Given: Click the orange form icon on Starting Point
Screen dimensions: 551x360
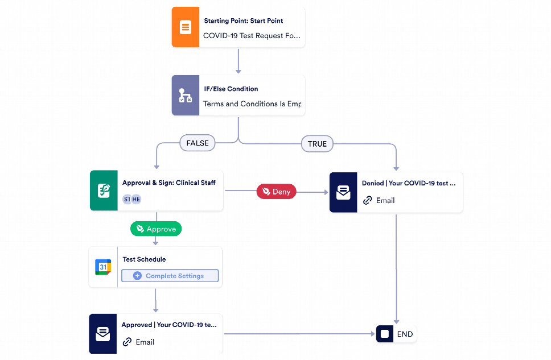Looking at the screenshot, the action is tap(186, 27).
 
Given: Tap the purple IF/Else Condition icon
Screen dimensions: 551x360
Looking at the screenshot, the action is tap(186, 95).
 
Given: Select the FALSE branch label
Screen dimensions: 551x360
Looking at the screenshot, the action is tap(198, 143).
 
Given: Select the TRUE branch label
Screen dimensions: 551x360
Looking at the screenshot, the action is tap(317, 144).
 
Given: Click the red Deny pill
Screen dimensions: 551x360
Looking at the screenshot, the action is tap(276, 192).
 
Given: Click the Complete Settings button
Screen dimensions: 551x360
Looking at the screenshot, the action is tap(170, 276).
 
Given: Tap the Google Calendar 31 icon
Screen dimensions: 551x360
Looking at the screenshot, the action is tap(103, 267).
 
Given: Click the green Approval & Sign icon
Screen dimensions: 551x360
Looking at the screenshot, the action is tap(104, 191).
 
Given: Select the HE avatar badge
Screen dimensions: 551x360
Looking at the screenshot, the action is tap(136, 199).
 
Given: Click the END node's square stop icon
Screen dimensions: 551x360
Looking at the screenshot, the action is tap(385, 334).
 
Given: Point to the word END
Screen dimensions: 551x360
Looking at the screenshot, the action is tap(405, 334).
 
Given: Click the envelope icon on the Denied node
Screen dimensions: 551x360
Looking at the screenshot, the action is tap(343, 192).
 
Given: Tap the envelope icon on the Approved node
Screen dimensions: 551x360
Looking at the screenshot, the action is tap(103, 334).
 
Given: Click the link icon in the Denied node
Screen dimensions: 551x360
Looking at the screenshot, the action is tap(368, 200).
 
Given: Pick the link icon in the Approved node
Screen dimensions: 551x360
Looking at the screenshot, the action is tap(127, 342).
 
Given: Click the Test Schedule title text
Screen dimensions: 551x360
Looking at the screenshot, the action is tap(144, 259).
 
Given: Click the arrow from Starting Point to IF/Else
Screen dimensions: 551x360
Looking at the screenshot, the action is tap(239, 61).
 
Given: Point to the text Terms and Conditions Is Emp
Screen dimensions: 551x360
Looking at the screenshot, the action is tap(252, 104).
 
